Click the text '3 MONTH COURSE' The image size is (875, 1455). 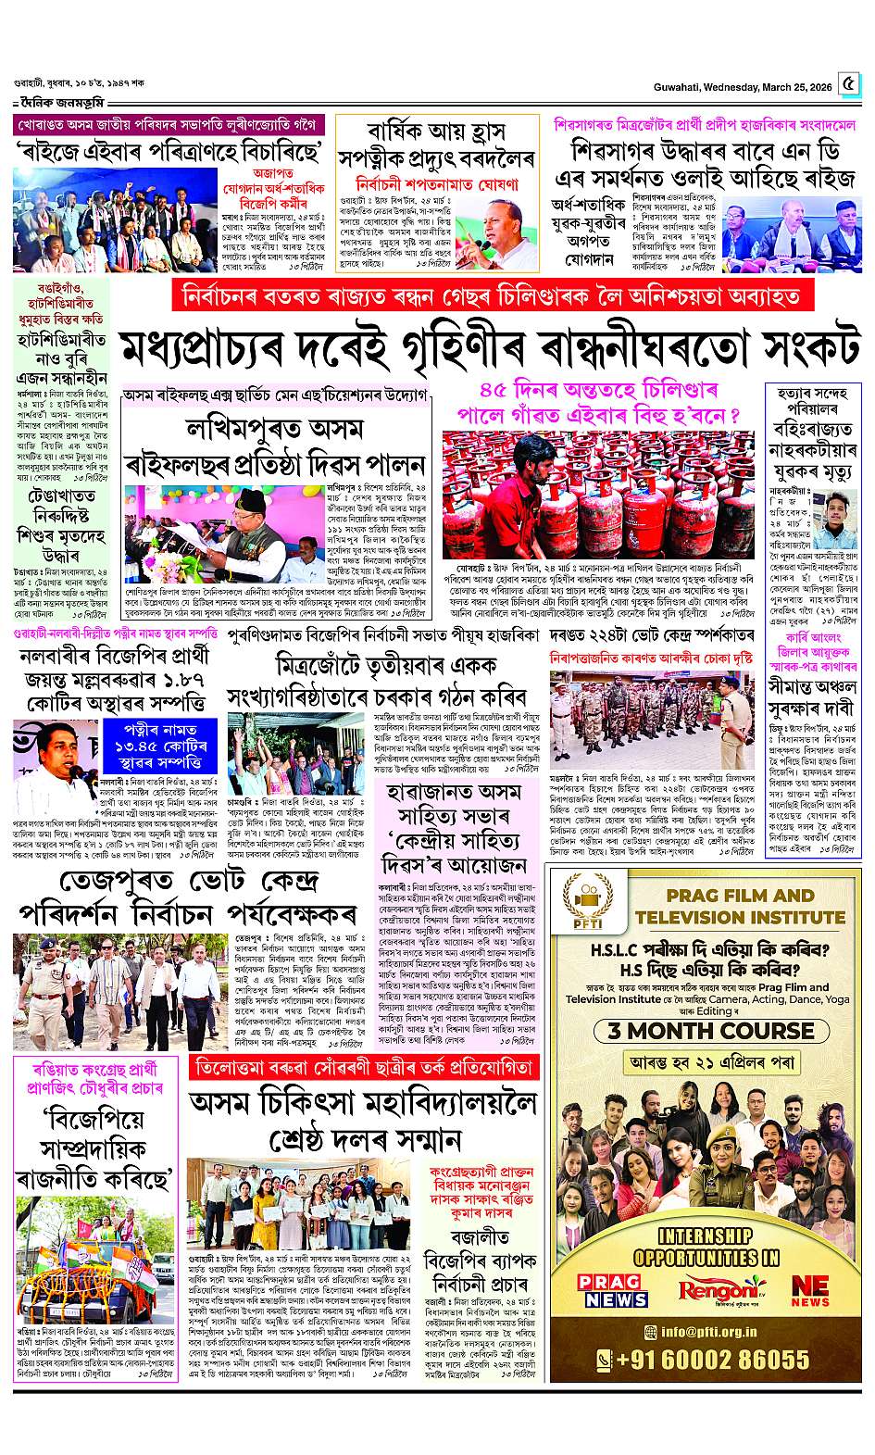coord(705,1030)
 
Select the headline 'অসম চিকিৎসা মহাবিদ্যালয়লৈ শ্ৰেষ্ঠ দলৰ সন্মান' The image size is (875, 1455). coord(363,1122)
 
